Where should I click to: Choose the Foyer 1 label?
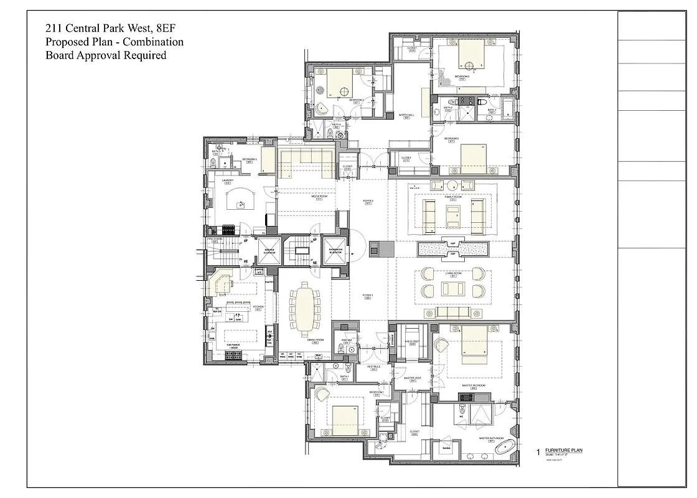pos(367,296)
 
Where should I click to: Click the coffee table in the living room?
pos(452,289)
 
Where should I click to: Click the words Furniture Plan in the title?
pos(563,450)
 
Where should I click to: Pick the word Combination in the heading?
pos(152,42)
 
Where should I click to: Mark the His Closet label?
pos(412,342)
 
